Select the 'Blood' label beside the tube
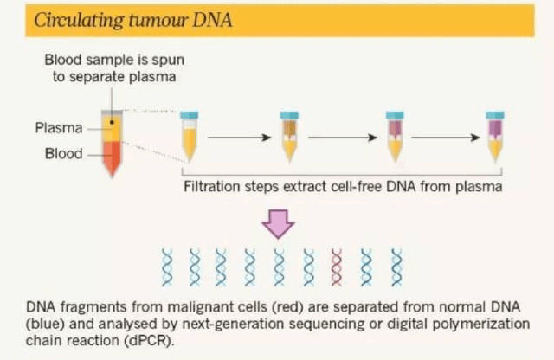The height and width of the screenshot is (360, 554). [64, 154]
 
